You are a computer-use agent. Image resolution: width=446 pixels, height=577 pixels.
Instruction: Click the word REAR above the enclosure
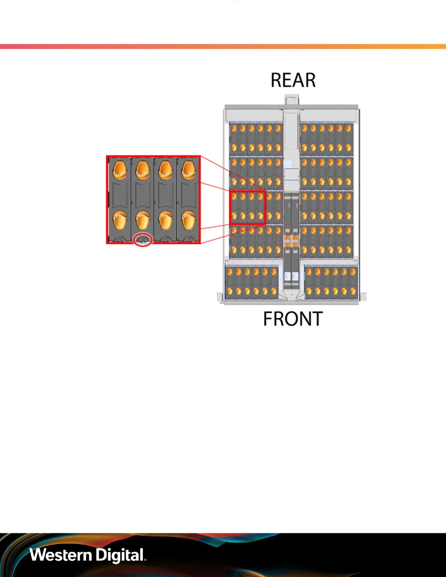pyautogui.click(x=293, y=80)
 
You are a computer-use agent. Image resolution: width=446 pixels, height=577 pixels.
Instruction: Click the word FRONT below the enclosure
pyautogui.click(x=293, y=319)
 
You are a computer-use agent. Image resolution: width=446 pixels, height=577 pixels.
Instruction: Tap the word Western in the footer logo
pyautogui.click(x=60, y=555)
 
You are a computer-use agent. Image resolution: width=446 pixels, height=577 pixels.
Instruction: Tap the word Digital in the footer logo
pyautogui.click(x=120, y=555)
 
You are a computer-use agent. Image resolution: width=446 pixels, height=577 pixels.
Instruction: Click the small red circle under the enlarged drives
pyautogui.click(x=143, y=240)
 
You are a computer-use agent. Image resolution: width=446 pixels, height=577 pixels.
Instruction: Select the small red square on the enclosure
pyautogui.click(x=248, y=207)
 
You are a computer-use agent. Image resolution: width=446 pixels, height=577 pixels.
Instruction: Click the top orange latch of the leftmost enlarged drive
pyautogui.click(x=120, y=170)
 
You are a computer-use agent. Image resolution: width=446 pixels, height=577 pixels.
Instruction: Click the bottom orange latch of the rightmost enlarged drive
pyautogui.click(x=189, y=220)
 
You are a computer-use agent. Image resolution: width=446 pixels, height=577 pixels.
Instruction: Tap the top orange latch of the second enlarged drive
pyautogui.click(x=143, y=170)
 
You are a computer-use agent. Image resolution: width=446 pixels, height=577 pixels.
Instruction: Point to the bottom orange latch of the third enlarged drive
pyautogui.click(x=166, y=220)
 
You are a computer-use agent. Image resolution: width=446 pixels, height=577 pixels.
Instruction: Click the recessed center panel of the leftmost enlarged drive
pyautogui.click(x=120, y=195)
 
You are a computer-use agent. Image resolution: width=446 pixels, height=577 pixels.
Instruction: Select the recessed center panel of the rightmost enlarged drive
pyautogui.click(x=189, y=195)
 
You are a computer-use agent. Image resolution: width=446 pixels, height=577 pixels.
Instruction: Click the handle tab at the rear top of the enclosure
pyautogui.click(x=292, y=99)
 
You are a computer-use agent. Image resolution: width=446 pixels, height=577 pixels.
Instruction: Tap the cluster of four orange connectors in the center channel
pyautogui.click(x=291, y=241)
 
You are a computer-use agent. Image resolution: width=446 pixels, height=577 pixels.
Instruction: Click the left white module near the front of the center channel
pyautogui.click(x=287, y=276)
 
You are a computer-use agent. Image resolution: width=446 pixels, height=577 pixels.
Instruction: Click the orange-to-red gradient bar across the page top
pyautogui.click(x=223, y=47)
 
